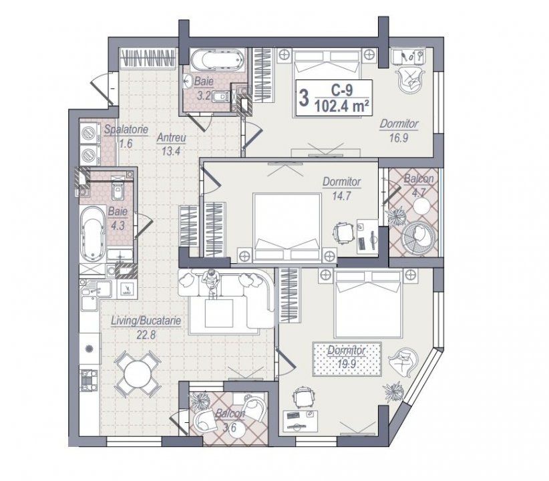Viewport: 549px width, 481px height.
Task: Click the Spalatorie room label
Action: pos(126,130)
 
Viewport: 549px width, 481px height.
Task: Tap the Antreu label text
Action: pos(171,138)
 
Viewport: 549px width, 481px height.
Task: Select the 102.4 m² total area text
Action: pos(342,106)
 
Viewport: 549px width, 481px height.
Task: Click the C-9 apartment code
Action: pos(342,90)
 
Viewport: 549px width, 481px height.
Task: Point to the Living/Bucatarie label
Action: pos(146,321)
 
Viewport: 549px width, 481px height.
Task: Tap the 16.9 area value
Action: pos(399,138)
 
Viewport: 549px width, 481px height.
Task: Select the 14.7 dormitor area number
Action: pos(341,196)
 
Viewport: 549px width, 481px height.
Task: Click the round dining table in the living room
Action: pos(138,374)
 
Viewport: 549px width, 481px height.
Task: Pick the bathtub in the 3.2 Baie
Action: pos(217,60)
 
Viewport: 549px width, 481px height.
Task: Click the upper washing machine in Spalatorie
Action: pos(89,133)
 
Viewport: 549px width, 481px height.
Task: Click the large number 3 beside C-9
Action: pos(304,98)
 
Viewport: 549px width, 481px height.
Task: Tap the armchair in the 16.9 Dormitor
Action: pos(410,77)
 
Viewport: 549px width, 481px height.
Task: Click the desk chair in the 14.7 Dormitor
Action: pos(342,232)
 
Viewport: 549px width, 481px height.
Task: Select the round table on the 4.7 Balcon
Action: pos(421,206)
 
